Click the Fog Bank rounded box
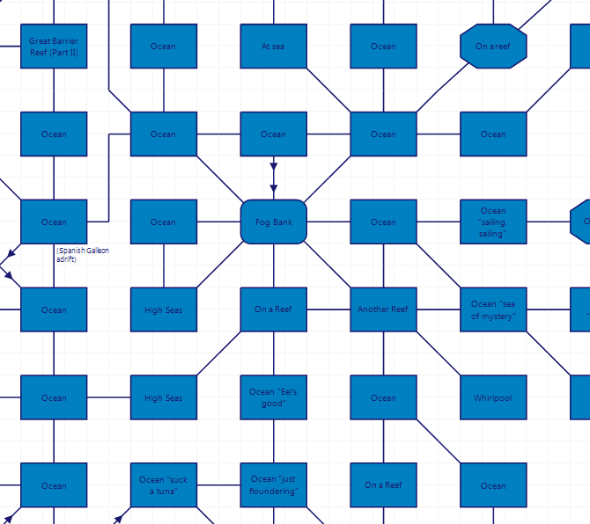tap(273, 222)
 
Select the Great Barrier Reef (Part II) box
tap(54, 46)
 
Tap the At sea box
tap(273, 46)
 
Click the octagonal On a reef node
tap(493, 46)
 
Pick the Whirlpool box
tap(493, 397)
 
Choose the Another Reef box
tap(383, 309)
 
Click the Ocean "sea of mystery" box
tap(493, 309)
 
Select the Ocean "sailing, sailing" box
tap(493, 222)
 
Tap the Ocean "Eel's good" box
tap(273, 397)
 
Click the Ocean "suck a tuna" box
tap(163, 485)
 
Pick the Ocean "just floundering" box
tap(273, 485)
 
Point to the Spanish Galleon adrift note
tap(83, 255)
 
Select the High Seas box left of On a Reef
tap(163, 309)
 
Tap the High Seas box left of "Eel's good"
tap(163, 397)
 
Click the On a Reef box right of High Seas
tap(273, 309)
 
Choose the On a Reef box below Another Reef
tap(383, 485)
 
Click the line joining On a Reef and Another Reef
tap(328, 309)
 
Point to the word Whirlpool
tap(493, 398)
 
